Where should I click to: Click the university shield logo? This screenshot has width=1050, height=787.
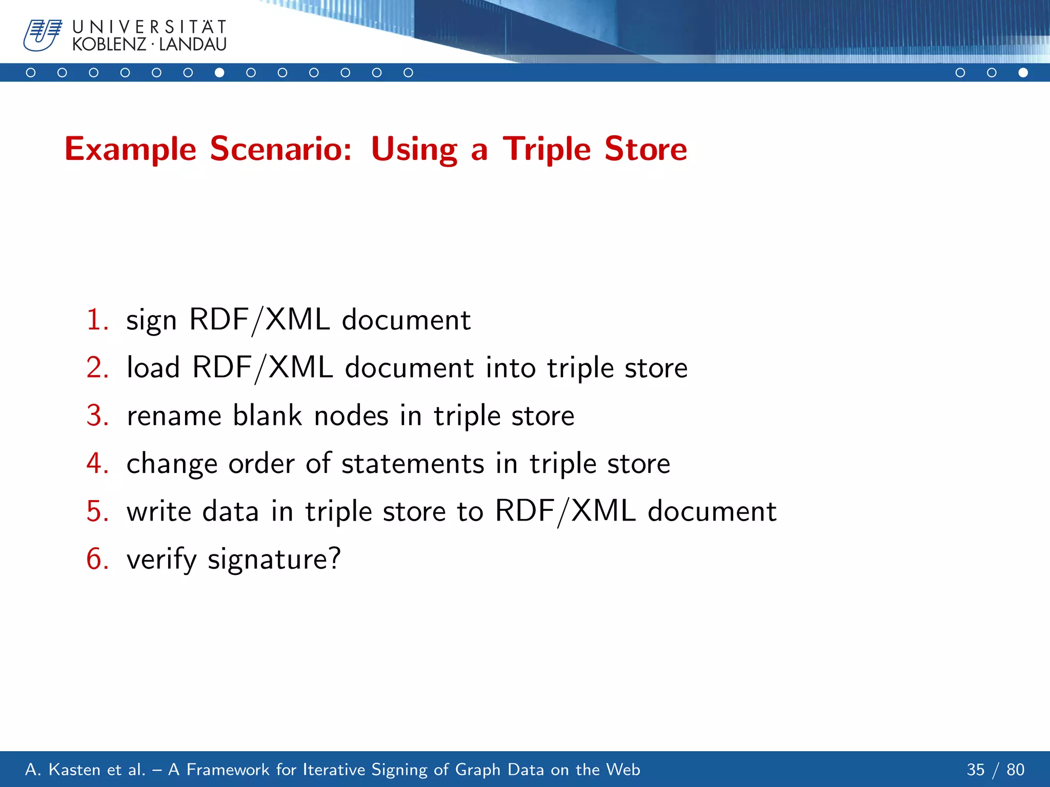point(42,35)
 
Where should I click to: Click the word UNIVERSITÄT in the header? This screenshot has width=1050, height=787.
point(149,27)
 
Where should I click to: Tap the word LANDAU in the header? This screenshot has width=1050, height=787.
point(193,45)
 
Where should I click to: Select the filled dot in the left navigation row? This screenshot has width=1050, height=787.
point(219,73)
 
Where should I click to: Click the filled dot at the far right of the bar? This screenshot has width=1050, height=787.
point(1023,73)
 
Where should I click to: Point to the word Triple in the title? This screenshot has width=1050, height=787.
point(547,149)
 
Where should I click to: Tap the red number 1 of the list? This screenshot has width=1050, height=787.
point(96,320)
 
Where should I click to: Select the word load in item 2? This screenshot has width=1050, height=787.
point(153,368)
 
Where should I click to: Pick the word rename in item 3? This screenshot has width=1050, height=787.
point(174,416)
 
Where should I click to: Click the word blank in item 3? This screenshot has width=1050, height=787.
point(267,415)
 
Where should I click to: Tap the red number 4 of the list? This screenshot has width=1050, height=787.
point(96,463)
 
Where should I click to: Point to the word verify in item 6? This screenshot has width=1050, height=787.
point(161,560)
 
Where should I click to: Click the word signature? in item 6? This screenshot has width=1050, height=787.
point(274,560)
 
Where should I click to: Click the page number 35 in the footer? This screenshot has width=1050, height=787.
point(975,770)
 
